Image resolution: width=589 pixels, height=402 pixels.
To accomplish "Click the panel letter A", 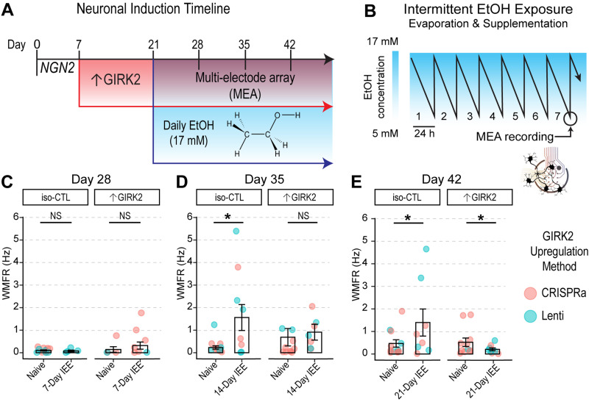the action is [x=7, y=10].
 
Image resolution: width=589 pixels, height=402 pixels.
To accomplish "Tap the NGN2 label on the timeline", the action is [x=57, y=68].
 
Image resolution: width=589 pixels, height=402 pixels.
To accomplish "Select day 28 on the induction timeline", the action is [x=197, y=45].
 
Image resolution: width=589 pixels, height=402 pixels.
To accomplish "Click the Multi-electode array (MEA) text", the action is [x=245, y=85].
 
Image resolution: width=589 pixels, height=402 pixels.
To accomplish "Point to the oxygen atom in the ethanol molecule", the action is [x=278, y=115].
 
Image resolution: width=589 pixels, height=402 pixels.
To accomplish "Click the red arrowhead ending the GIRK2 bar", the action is [x=328, y=107].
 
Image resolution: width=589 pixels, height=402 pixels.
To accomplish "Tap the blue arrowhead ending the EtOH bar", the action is [x=328, y=163].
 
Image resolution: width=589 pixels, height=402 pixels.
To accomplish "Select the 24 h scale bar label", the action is [x=425, y=133].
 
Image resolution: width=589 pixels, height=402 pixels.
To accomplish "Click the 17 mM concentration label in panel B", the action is [x=382, y=41].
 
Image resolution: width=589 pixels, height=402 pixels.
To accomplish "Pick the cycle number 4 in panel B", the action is [x=492, y=117].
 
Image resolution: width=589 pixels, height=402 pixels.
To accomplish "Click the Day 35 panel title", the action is [x=264, y=179].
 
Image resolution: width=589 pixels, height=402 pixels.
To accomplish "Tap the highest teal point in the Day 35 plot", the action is [x=236, y=231].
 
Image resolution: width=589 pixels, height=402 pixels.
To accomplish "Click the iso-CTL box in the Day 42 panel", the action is [x=407, y=197].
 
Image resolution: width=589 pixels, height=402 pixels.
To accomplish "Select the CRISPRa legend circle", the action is [x=530, y=293].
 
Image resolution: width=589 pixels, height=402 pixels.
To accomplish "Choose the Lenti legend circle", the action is [x=530, y=316].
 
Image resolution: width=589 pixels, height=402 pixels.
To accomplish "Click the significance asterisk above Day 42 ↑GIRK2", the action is [x=481, y=218].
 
